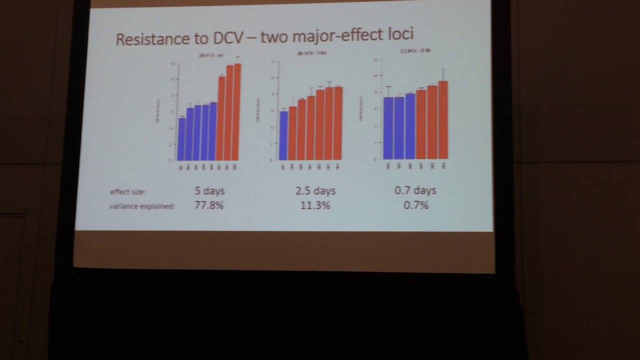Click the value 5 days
[x=209, y=191]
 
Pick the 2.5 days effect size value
[x=315, y=191]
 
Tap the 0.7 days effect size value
[x=415, y=190]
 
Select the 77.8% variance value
[x=209, y=205]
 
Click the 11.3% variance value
[x=315, y=205]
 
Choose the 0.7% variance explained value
[x=415, y=205]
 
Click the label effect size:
[x=128, y=192]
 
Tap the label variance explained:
[x=142, y=206]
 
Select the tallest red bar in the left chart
[x=237, y=112]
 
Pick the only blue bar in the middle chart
[x=283, y=135]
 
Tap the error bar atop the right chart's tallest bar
[x=443, y=74]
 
